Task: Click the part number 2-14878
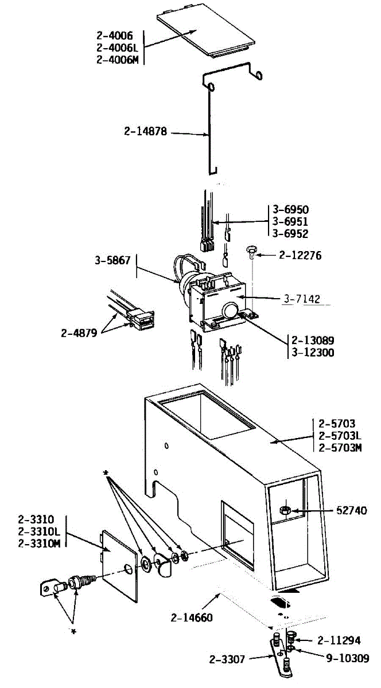coord(145,131)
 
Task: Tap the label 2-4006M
coord(118,60)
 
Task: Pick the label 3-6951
coord(290,221)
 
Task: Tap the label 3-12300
coord(313,353)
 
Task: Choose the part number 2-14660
coord(192,617)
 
